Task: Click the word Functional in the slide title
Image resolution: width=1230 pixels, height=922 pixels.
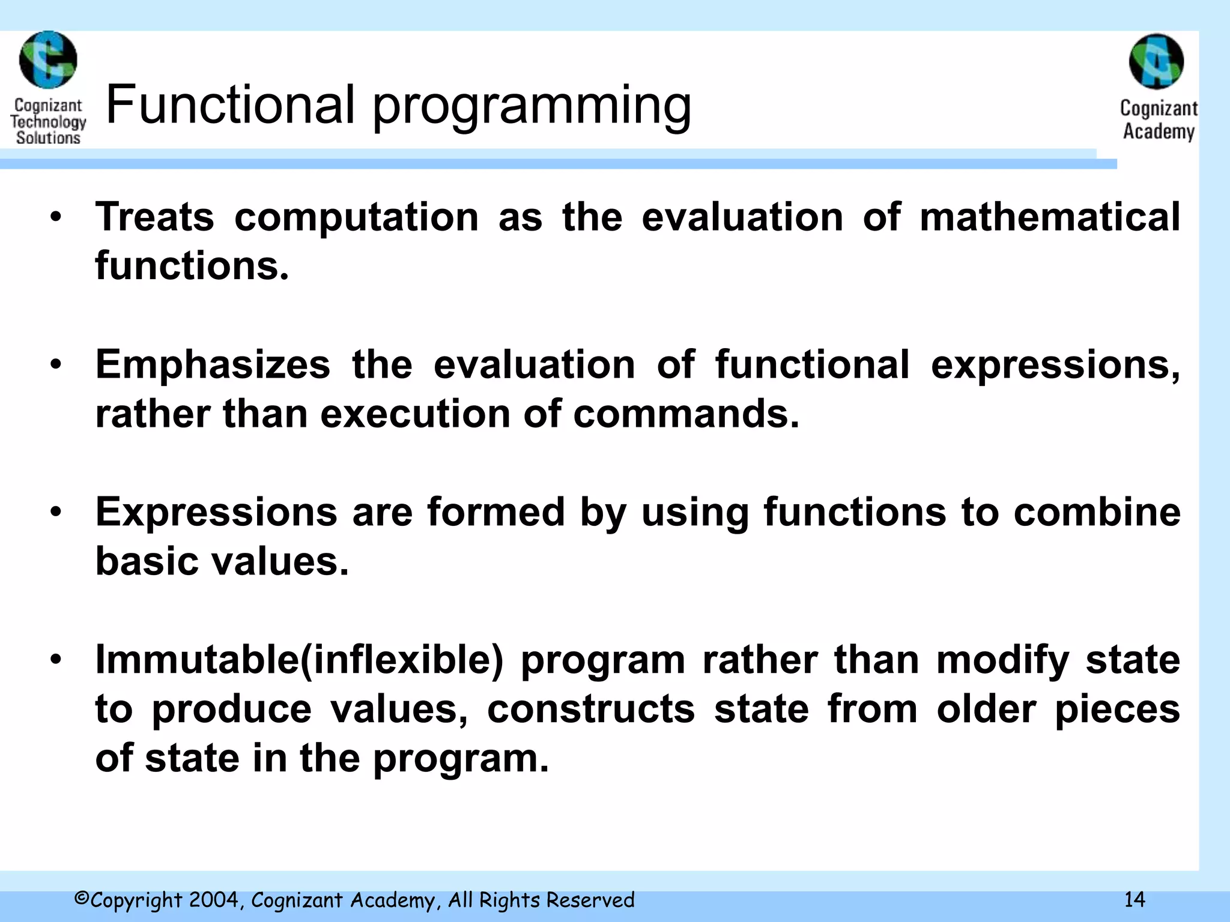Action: coord(230,105)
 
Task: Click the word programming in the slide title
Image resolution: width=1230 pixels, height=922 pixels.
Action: coord(532,107)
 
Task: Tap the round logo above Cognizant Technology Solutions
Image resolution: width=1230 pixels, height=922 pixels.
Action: coord(48,61)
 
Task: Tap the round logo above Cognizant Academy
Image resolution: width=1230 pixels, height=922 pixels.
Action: coord(1156,61)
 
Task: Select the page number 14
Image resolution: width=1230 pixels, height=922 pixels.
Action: coord(1135,900)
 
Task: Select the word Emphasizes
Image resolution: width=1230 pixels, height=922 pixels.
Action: coord(213,365)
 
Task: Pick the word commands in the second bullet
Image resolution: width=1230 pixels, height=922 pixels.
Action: coord(685,414)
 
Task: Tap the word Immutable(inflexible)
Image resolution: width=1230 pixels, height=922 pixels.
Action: coord(299,660)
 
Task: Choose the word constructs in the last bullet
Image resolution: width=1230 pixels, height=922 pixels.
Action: coord(590,710)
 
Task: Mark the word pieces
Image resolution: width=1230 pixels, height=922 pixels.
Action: coord(1117,710)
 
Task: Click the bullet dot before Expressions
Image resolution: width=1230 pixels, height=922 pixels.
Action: coord(56,513)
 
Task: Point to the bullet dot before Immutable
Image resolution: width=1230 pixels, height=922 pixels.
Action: coord(56,660)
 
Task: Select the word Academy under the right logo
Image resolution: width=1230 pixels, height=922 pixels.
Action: coord(1159,131)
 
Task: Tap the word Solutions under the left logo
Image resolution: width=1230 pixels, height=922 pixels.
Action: coord(48,138)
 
